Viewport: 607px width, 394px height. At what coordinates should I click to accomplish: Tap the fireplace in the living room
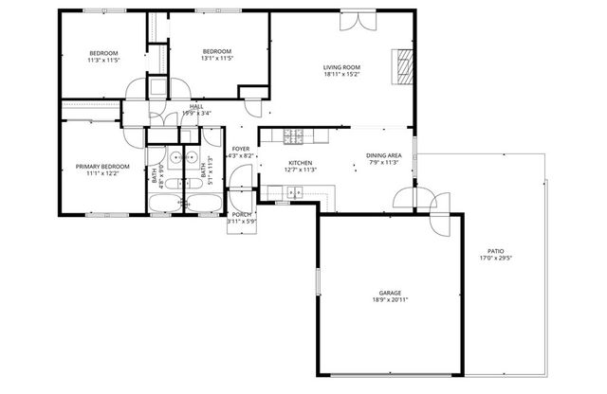pos(404,66)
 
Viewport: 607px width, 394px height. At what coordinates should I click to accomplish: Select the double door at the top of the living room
pos(353,21)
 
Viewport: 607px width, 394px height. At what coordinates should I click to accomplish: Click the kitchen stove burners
pos(293,134)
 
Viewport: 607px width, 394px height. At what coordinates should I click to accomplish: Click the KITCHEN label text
pos(301,163)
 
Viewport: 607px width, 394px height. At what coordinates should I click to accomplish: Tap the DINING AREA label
pos(384,154)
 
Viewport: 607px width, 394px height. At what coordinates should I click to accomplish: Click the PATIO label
pos(496,251)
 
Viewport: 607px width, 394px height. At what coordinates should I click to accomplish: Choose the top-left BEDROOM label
pos(103,52)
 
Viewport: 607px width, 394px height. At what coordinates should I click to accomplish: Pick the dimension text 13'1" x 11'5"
pos(217,60)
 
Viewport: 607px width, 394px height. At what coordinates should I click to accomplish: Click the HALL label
pos(196,106)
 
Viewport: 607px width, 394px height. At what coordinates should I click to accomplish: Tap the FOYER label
pos(241,148)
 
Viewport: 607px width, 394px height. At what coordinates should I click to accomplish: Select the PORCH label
pos(241,214)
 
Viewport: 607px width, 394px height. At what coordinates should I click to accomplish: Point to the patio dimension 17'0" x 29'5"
pos(496,259)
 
